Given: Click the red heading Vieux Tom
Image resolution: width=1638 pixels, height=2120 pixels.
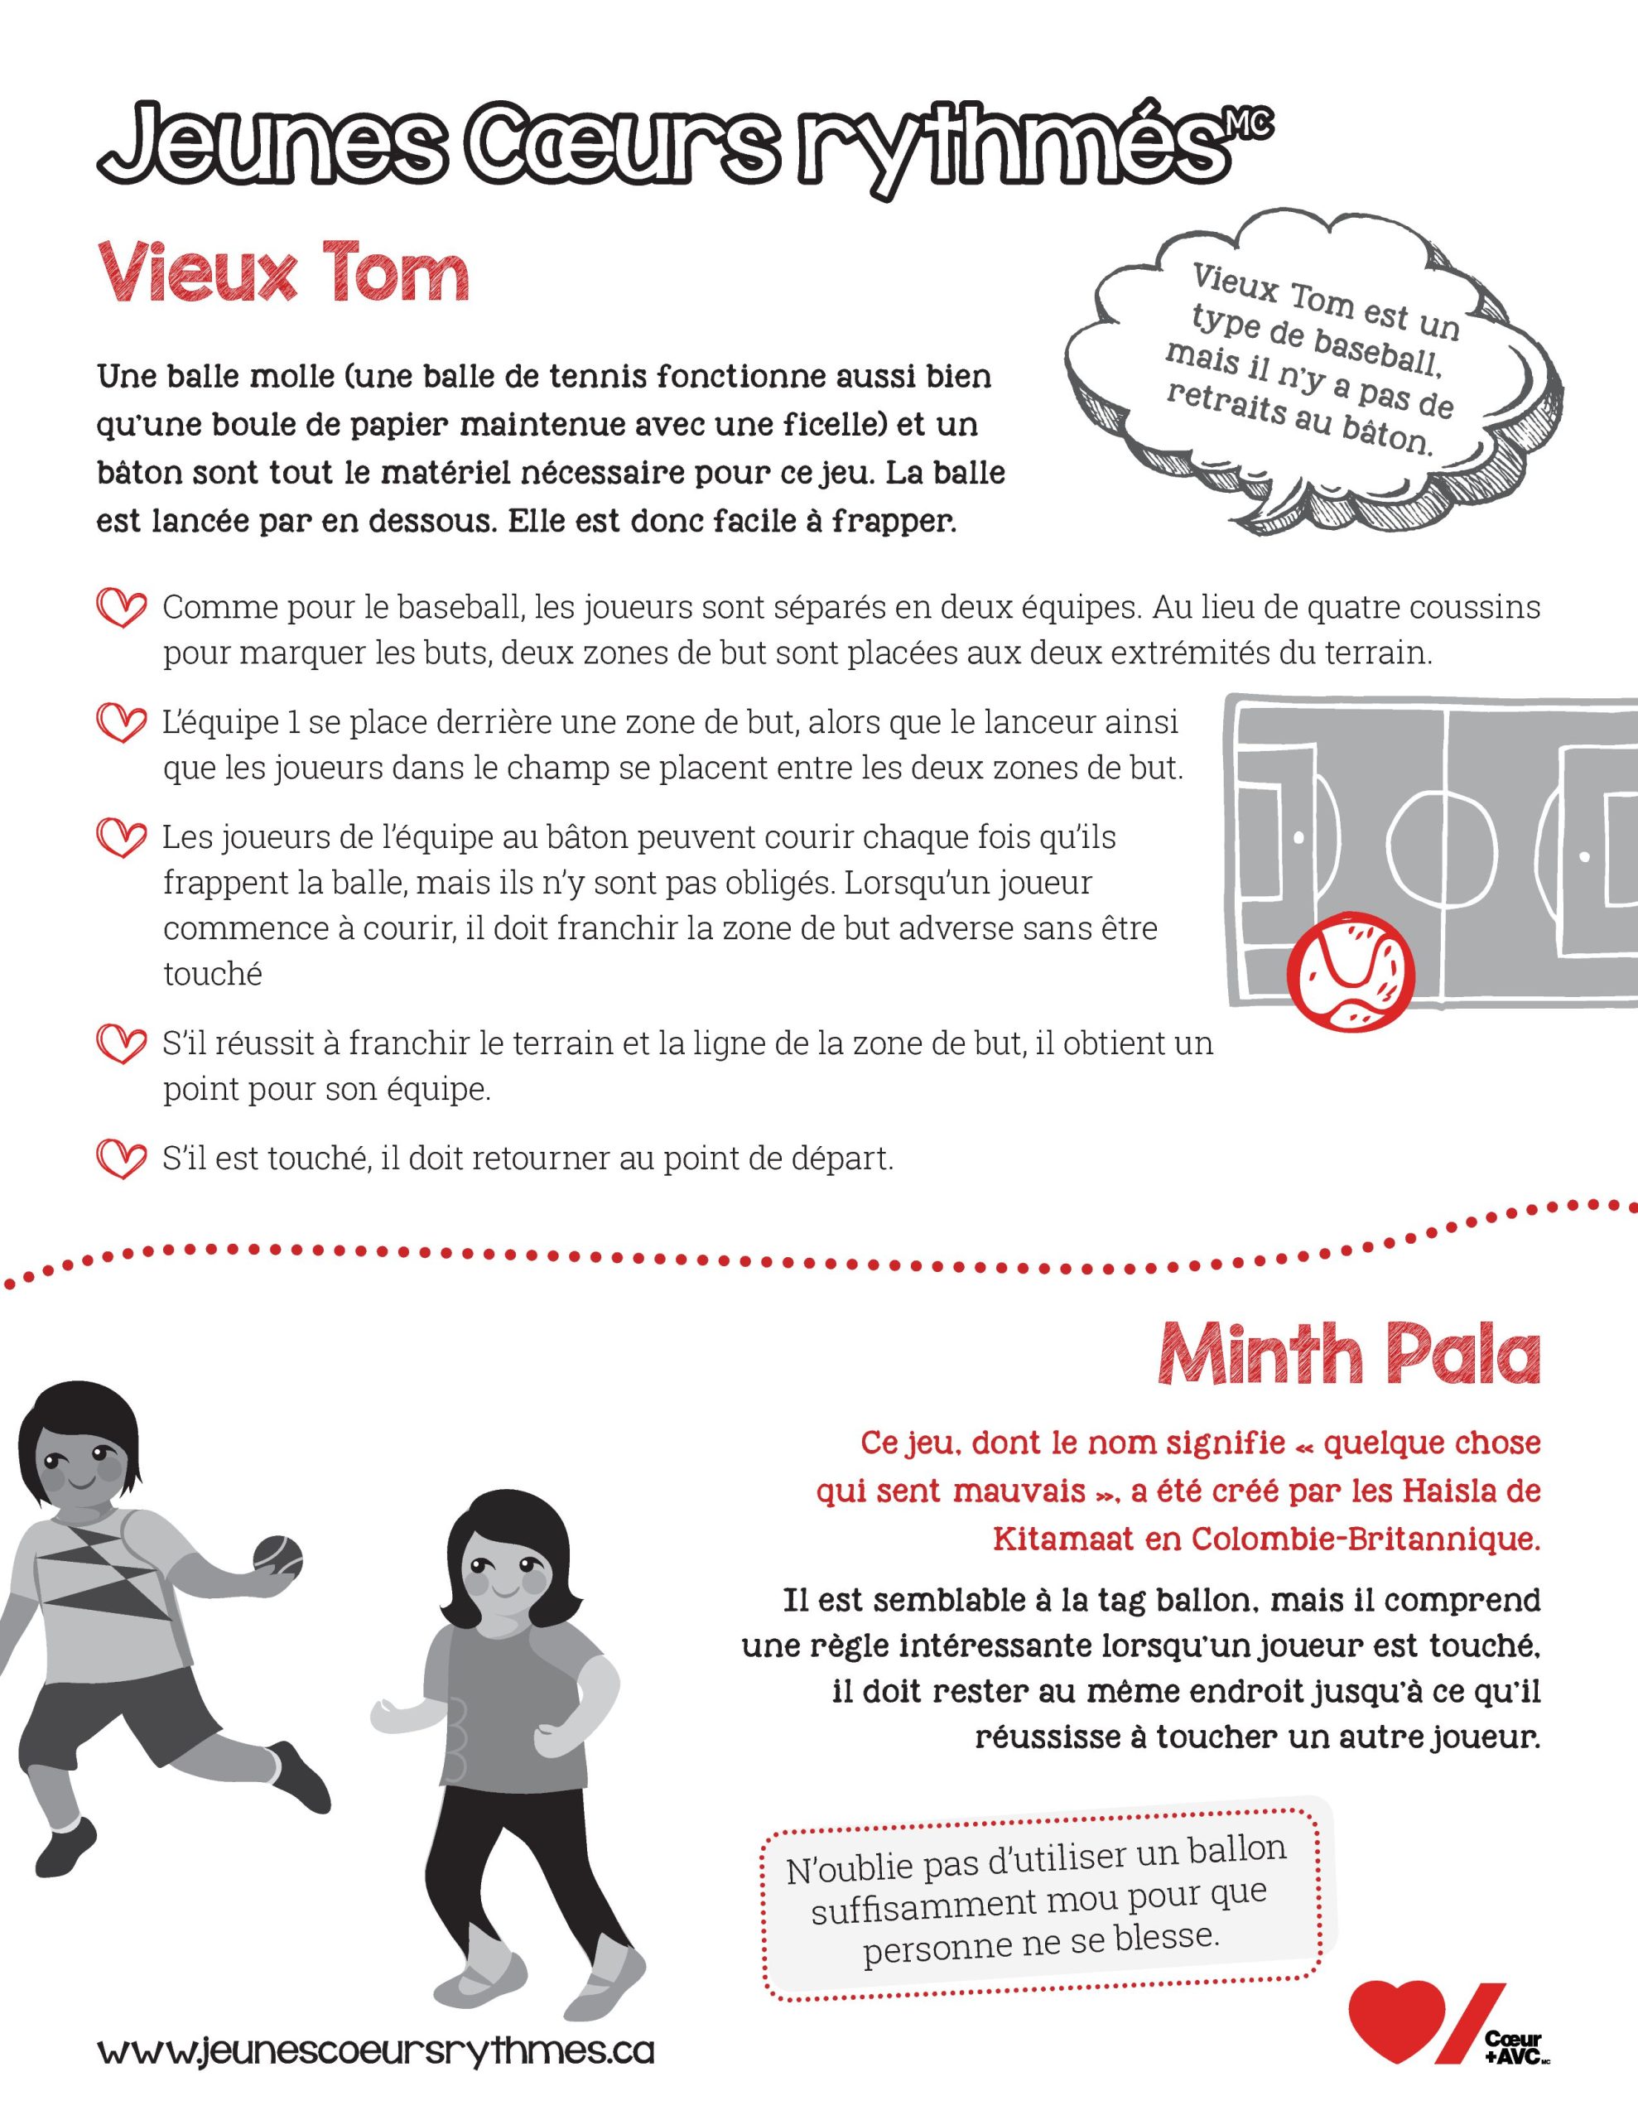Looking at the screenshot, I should (282, 274).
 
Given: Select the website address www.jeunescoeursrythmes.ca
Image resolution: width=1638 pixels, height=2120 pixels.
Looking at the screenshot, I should (376, 2050).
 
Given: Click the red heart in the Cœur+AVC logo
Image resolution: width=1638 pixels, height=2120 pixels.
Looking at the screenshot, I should (1396, 2018).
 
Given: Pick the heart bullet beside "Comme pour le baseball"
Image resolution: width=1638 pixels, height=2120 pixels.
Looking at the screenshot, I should (122, 609).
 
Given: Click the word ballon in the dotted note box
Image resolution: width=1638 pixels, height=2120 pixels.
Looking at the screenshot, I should (1239, 1848).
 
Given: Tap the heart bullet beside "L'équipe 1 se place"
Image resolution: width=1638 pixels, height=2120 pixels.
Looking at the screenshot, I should (122, 723).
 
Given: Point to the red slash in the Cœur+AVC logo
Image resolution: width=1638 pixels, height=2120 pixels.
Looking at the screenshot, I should (1471, 2022).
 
